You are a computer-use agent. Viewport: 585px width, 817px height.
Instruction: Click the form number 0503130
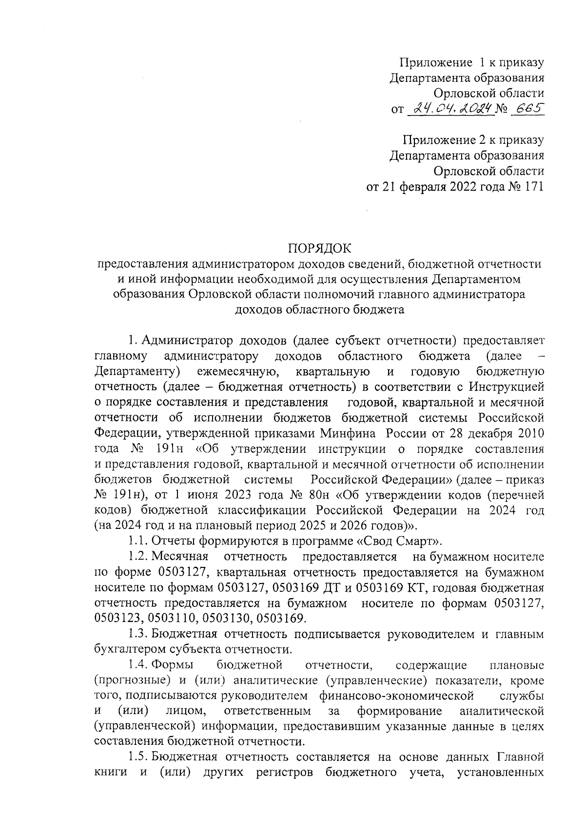(226, 619)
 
